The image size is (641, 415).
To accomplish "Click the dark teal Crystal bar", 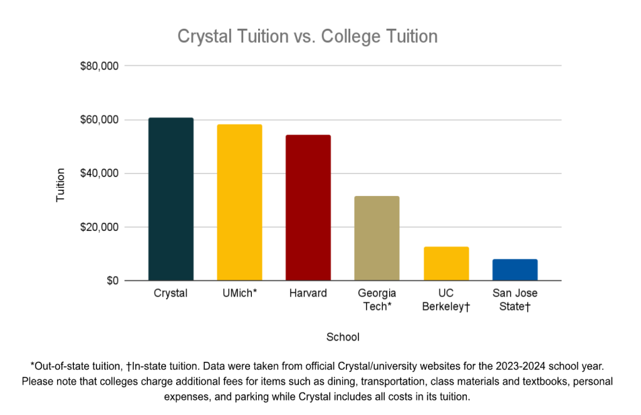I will click(171, 199).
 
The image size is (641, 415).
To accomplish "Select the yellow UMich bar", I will click(239, 202).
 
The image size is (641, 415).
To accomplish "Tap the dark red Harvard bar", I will click(308, 207).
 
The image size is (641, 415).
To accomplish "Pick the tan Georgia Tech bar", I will click(377, 238).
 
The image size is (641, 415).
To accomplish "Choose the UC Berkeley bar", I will click(446, 264).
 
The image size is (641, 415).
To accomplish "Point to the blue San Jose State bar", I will click(514, 270).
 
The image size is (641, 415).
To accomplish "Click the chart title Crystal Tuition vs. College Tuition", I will click(307, 36).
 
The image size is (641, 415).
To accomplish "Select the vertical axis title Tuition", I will click(61, 185).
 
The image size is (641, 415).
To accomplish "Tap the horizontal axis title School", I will click(343, 337).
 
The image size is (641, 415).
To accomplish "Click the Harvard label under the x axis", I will click(308, 293).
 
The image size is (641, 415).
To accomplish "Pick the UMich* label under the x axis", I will click(239, 293).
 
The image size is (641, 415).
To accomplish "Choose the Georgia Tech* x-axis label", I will click(377, 299).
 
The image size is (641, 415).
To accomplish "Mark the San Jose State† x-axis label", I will click(514, 299).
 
